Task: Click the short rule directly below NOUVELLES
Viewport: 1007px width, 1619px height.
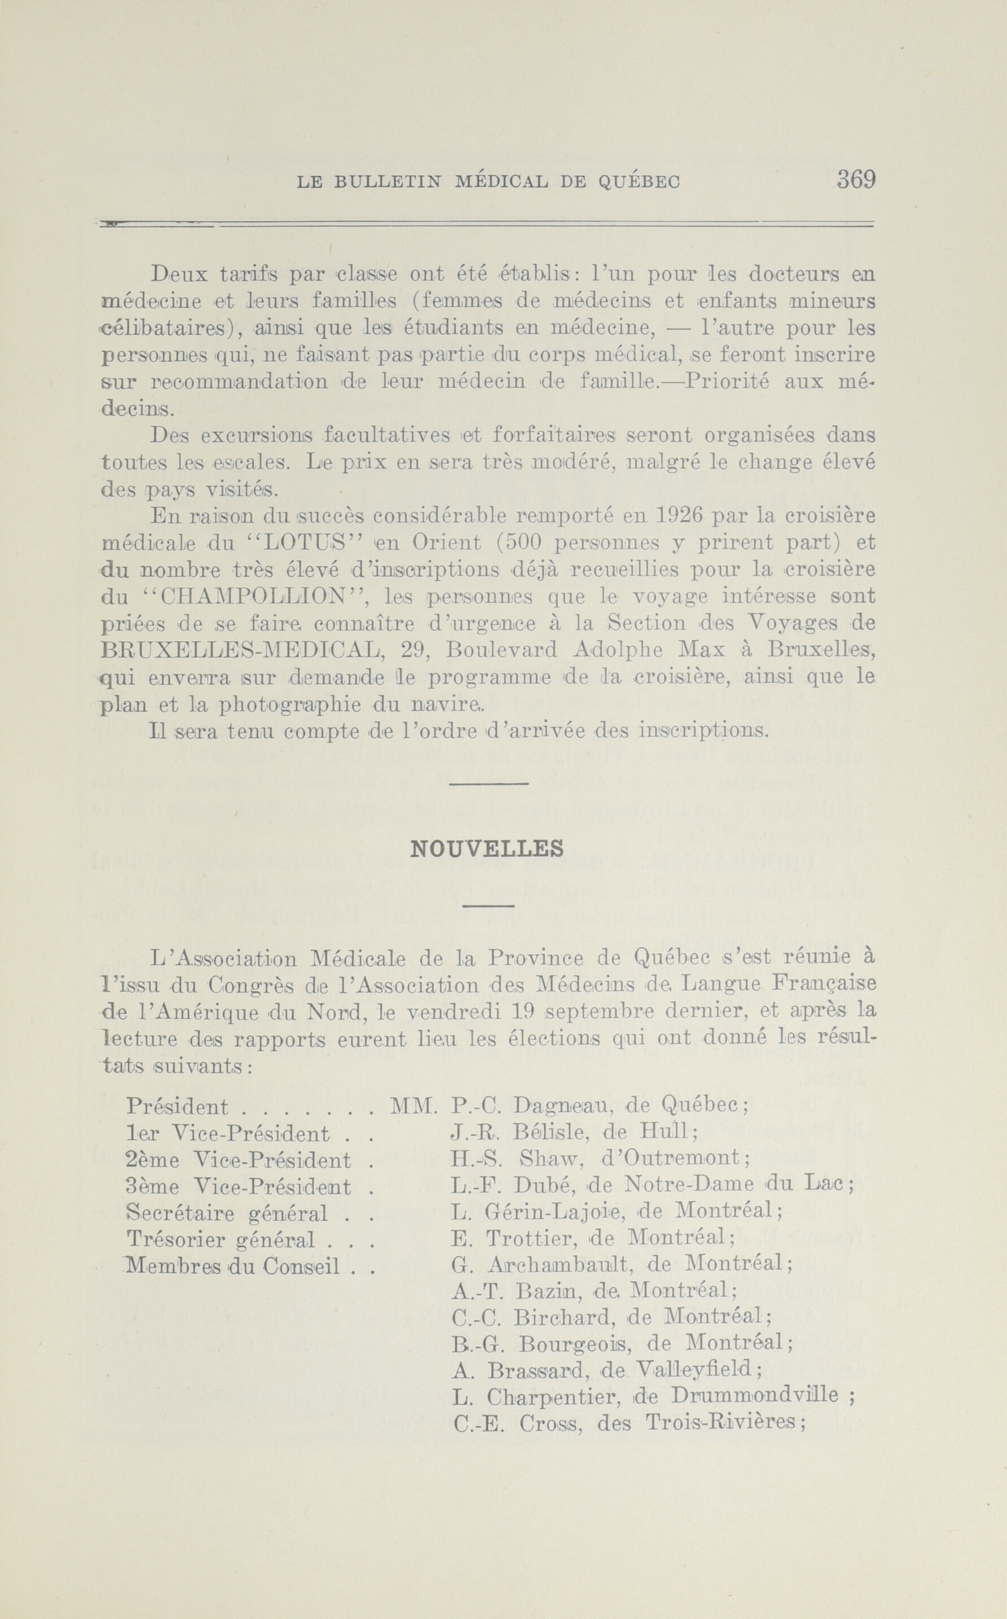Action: (x=488, y=906)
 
